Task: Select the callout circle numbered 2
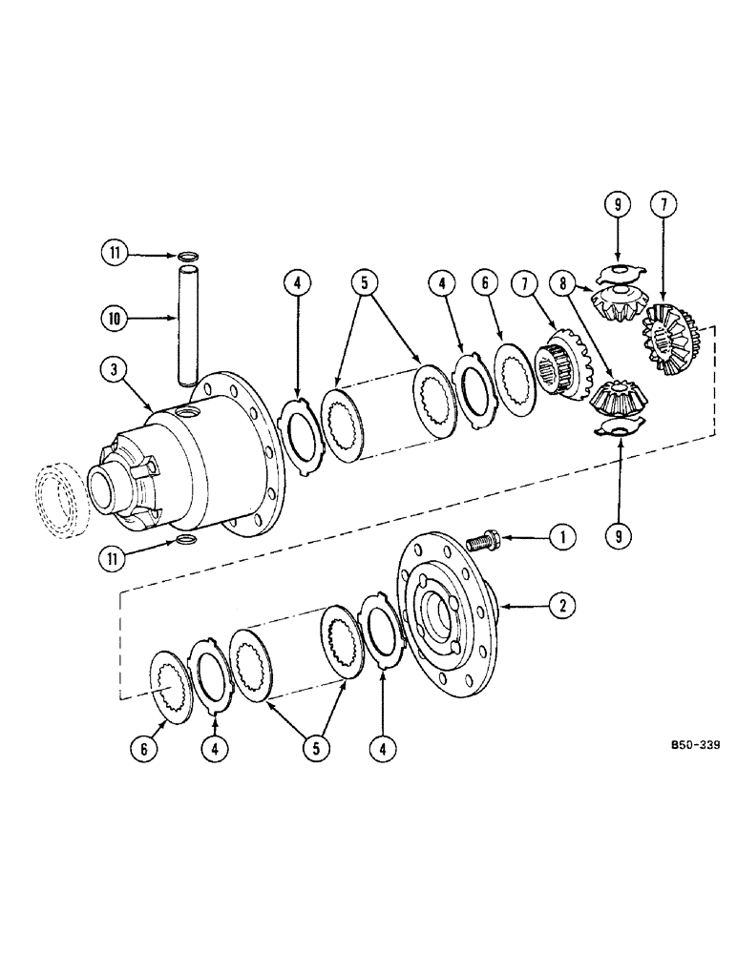567,605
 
